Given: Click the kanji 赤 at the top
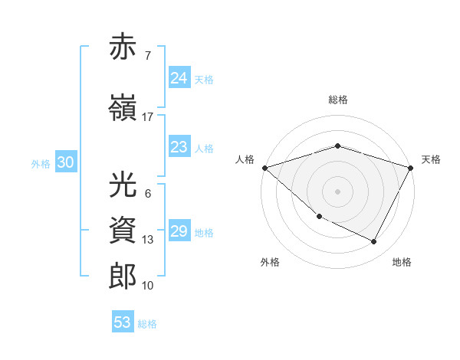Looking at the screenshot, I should coord(124,47).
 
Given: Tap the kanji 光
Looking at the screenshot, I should coord(124,185).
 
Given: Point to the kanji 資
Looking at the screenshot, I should coord(124,229).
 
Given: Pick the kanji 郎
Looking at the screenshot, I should coord(124,277).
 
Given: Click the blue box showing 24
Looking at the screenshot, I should coord(179,78).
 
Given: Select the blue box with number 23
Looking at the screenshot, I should coord(179,147).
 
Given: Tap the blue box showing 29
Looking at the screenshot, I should coord(179,231).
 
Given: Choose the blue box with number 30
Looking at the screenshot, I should coord(65,162).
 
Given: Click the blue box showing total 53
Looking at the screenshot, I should coord(123,322).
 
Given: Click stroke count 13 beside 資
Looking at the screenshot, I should coord(148,239).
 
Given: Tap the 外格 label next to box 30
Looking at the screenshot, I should coord(41,163).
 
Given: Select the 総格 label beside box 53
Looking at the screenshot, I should coord(147,324).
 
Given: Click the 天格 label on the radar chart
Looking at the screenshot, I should coord(431,159).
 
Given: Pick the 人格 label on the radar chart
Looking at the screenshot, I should coord(245,159).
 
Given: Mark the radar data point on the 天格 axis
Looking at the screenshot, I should coord(411,167).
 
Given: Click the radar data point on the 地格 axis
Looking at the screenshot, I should coord(374,242).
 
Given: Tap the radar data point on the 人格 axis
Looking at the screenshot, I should coord(264,167).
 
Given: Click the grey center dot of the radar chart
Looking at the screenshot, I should coord(338,191).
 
